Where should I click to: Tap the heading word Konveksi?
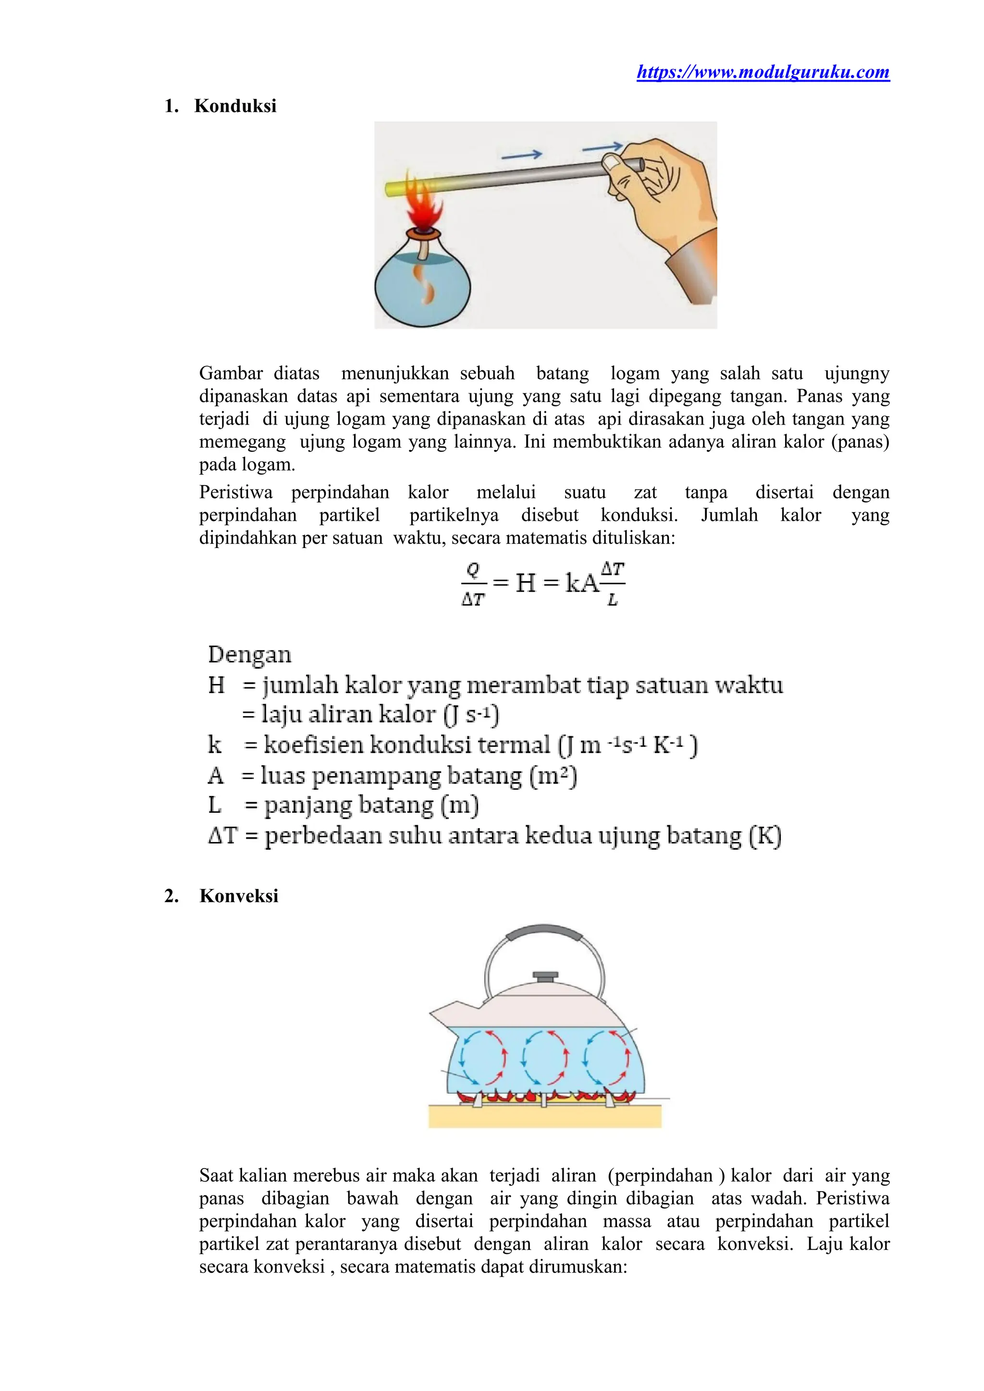(x=239, y=895)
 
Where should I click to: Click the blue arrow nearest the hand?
(x=602, y=146)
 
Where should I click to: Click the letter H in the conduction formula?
(x=525, y=584)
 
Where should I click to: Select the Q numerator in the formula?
(x=473, y=570)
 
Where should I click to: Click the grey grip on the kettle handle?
(x=544, y=932)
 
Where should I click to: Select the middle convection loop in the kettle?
(x=544, y=1057)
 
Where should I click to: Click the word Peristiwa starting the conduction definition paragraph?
(x=236, y=492)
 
